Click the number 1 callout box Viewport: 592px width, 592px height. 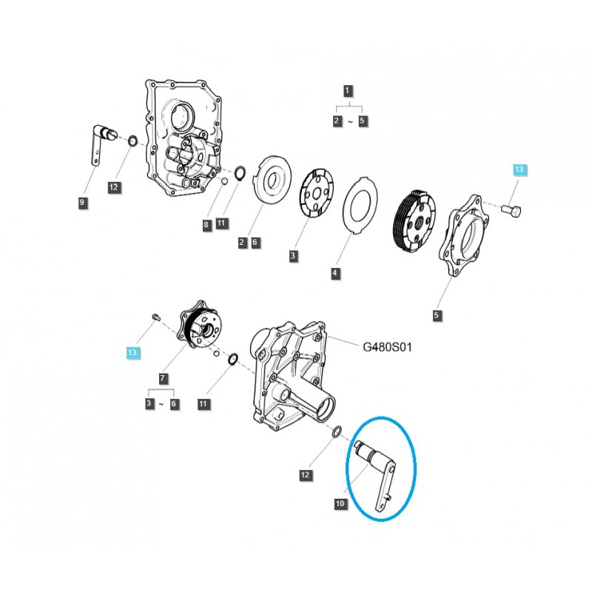[348, 91]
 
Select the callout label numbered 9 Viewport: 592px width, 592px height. [83, 202]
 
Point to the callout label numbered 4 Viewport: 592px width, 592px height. [334, 273]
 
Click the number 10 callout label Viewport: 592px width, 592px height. [340, 504]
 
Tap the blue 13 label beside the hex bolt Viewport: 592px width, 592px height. [518, 170]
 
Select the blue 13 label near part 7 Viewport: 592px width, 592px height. [132, 353]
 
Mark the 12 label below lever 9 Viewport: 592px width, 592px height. [113, 188]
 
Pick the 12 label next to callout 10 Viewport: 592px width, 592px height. [306, 474]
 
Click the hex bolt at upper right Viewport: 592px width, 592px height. [512, 211]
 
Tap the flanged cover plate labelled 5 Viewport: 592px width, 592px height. [466, 231]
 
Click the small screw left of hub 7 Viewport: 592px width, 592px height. [153, 317]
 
